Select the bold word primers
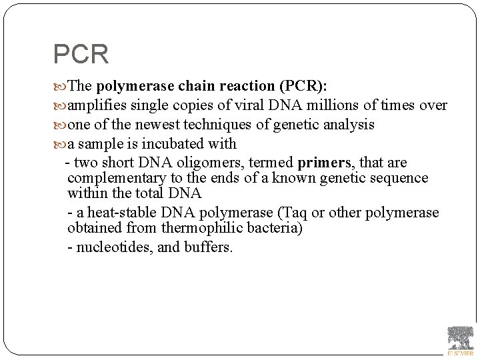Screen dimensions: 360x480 pos(324,163)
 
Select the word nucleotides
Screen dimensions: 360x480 pos(115,247)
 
